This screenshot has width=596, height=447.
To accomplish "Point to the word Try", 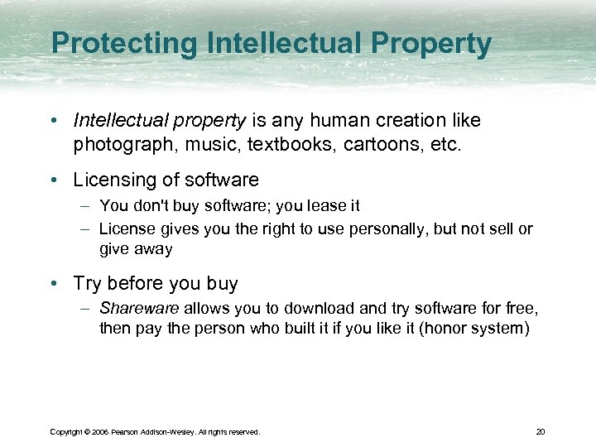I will click(88, 283).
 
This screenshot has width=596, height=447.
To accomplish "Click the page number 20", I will click(541, 431).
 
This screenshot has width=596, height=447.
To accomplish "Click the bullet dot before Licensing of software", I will click(54, 180).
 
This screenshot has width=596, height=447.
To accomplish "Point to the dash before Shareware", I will click(88, 309).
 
